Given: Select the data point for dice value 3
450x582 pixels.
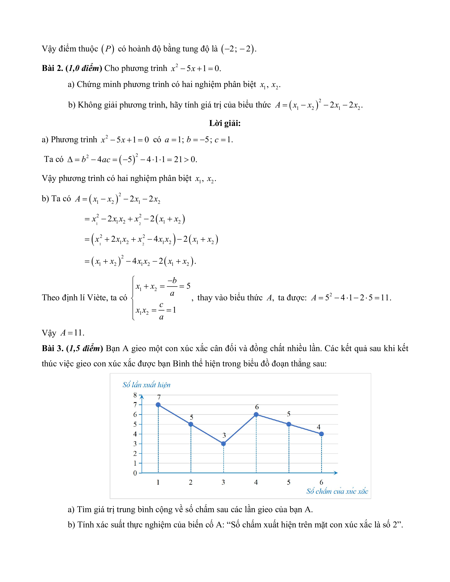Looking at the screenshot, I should click(x=223, y=444).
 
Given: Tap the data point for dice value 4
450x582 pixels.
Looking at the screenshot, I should click(x=256, y=414).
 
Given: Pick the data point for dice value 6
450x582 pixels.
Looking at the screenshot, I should click(x=321, y=434).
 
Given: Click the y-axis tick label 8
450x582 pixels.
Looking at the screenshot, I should click(x=135, y=395).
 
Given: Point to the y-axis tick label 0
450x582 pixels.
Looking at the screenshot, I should click(x=135, y=473).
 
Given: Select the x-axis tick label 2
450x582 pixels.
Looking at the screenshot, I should click(x=191, y=482).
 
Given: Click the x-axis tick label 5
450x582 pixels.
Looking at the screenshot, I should click(x=289, y=482).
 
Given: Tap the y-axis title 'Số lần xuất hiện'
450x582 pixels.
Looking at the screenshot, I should click(x=146, y=385).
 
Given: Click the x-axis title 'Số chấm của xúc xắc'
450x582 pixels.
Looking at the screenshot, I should click(x=337, y=491).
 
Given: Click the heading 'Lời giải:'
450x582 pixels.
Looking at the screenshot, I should click(x=225, y=123).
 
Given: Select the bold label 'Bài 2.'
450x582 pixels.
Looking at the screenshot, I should click(x=52, y=68).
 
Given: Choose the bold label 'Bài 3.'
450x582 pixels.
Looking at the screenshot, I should click(x=52, y=349).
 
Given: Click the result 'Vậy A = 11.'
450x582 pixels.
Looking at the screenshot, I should click(x=63, y=333).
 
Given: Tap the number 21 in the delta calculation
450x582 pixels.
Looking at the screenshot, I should click(x=178, y=159).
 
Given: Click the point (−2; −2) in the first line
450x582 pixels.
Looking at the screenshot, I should click(x=238, y=49).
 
